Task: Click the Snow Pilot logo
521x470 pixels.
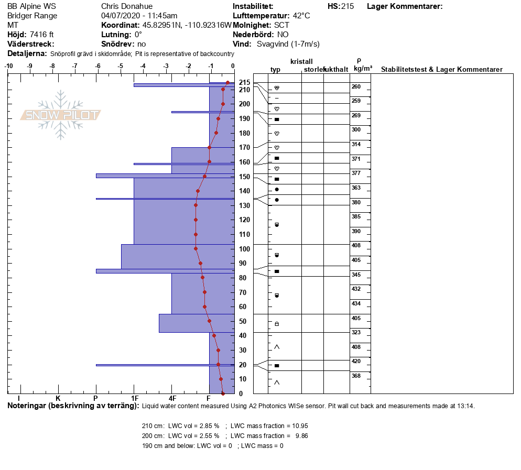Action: [x=61, y=115]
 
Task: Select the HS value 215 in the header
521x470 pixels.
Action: [x=348, y=6]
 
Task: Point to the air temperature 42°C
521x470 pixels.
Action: [x=301, y=16]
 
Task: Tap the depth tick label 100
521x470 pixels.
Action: [x=244, y=249]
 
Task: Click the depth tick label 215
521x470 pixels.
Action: [x=244, y=82]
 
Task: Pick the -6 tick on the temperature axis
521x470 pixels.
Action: [x=97, y=66]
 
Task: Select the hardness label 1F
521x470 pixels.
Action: [x=134, y=399]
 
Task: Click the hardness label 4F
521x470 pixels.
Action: [x=172, y=399]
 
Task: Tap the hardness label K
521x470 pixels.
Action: [x=58, y=399]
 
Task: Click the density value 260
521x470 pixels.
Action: [x=356, y=86]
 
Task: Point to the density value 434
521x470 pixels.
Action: [x=356, y=303]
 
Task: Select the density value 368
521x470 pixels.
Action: [x=356, y=376]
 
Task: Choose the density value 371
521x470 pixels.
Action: [x=356, y=159]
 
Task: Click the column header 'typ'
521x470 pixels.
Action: [x=276, y=70]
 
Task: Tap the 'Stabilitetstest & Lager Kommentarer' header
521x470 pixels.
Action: [x=442, y=70]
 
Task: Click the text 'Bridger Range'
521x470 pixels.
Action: [x=32, y=16]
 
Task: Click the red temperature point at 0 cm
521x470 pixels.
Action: [x=223, y=393]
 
